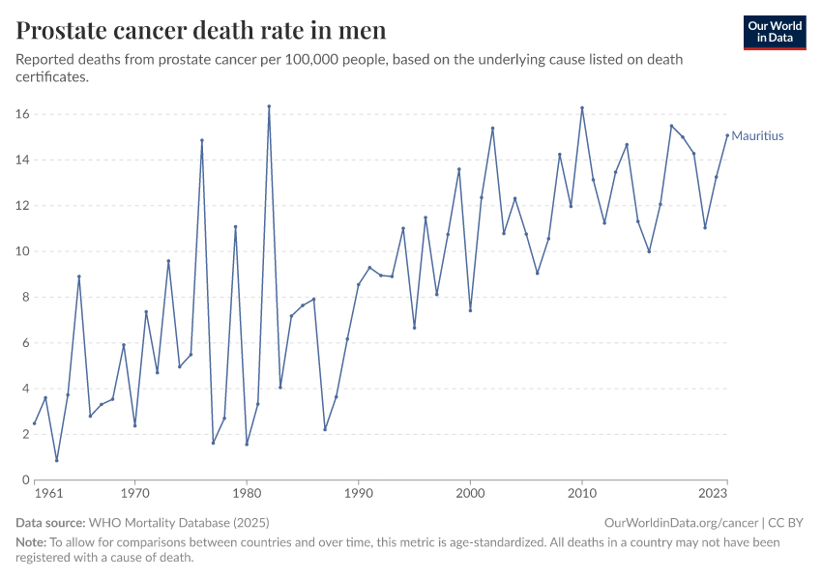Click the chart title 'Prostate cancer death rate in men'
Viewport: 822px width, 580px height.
click(201, 30)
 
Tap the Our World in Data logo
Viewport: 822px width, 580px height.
click(774, 32)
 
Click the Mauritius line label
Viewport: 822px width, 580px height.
click(757, 136)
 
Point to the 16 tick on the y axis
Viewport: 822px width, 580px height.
click(21, 114)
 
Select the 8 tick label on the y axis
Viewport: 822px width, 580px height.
click(23, 297)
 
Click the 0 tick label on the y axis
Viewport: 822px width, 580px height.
click(23, 479)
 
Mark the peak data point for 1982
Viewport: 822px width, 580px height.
click(269, 106)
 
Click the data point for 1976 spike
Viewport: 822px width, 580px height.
click(202, 140)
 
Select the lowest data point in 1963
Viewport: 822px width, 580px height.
click(56, 460)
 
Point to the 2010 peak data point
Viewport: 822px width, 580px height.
click(582, 108)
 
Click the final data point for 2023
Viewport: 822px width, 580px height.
click(727, 135)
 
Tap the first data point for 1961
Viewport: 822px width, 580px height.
click(34, 422)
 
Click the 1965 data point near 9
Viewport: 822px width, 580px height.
click(79, 276)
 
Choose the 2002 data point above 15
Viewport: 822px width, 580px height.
click(492, 129)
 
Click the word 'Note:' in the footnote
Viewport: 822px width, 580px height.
click(31, 542)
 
